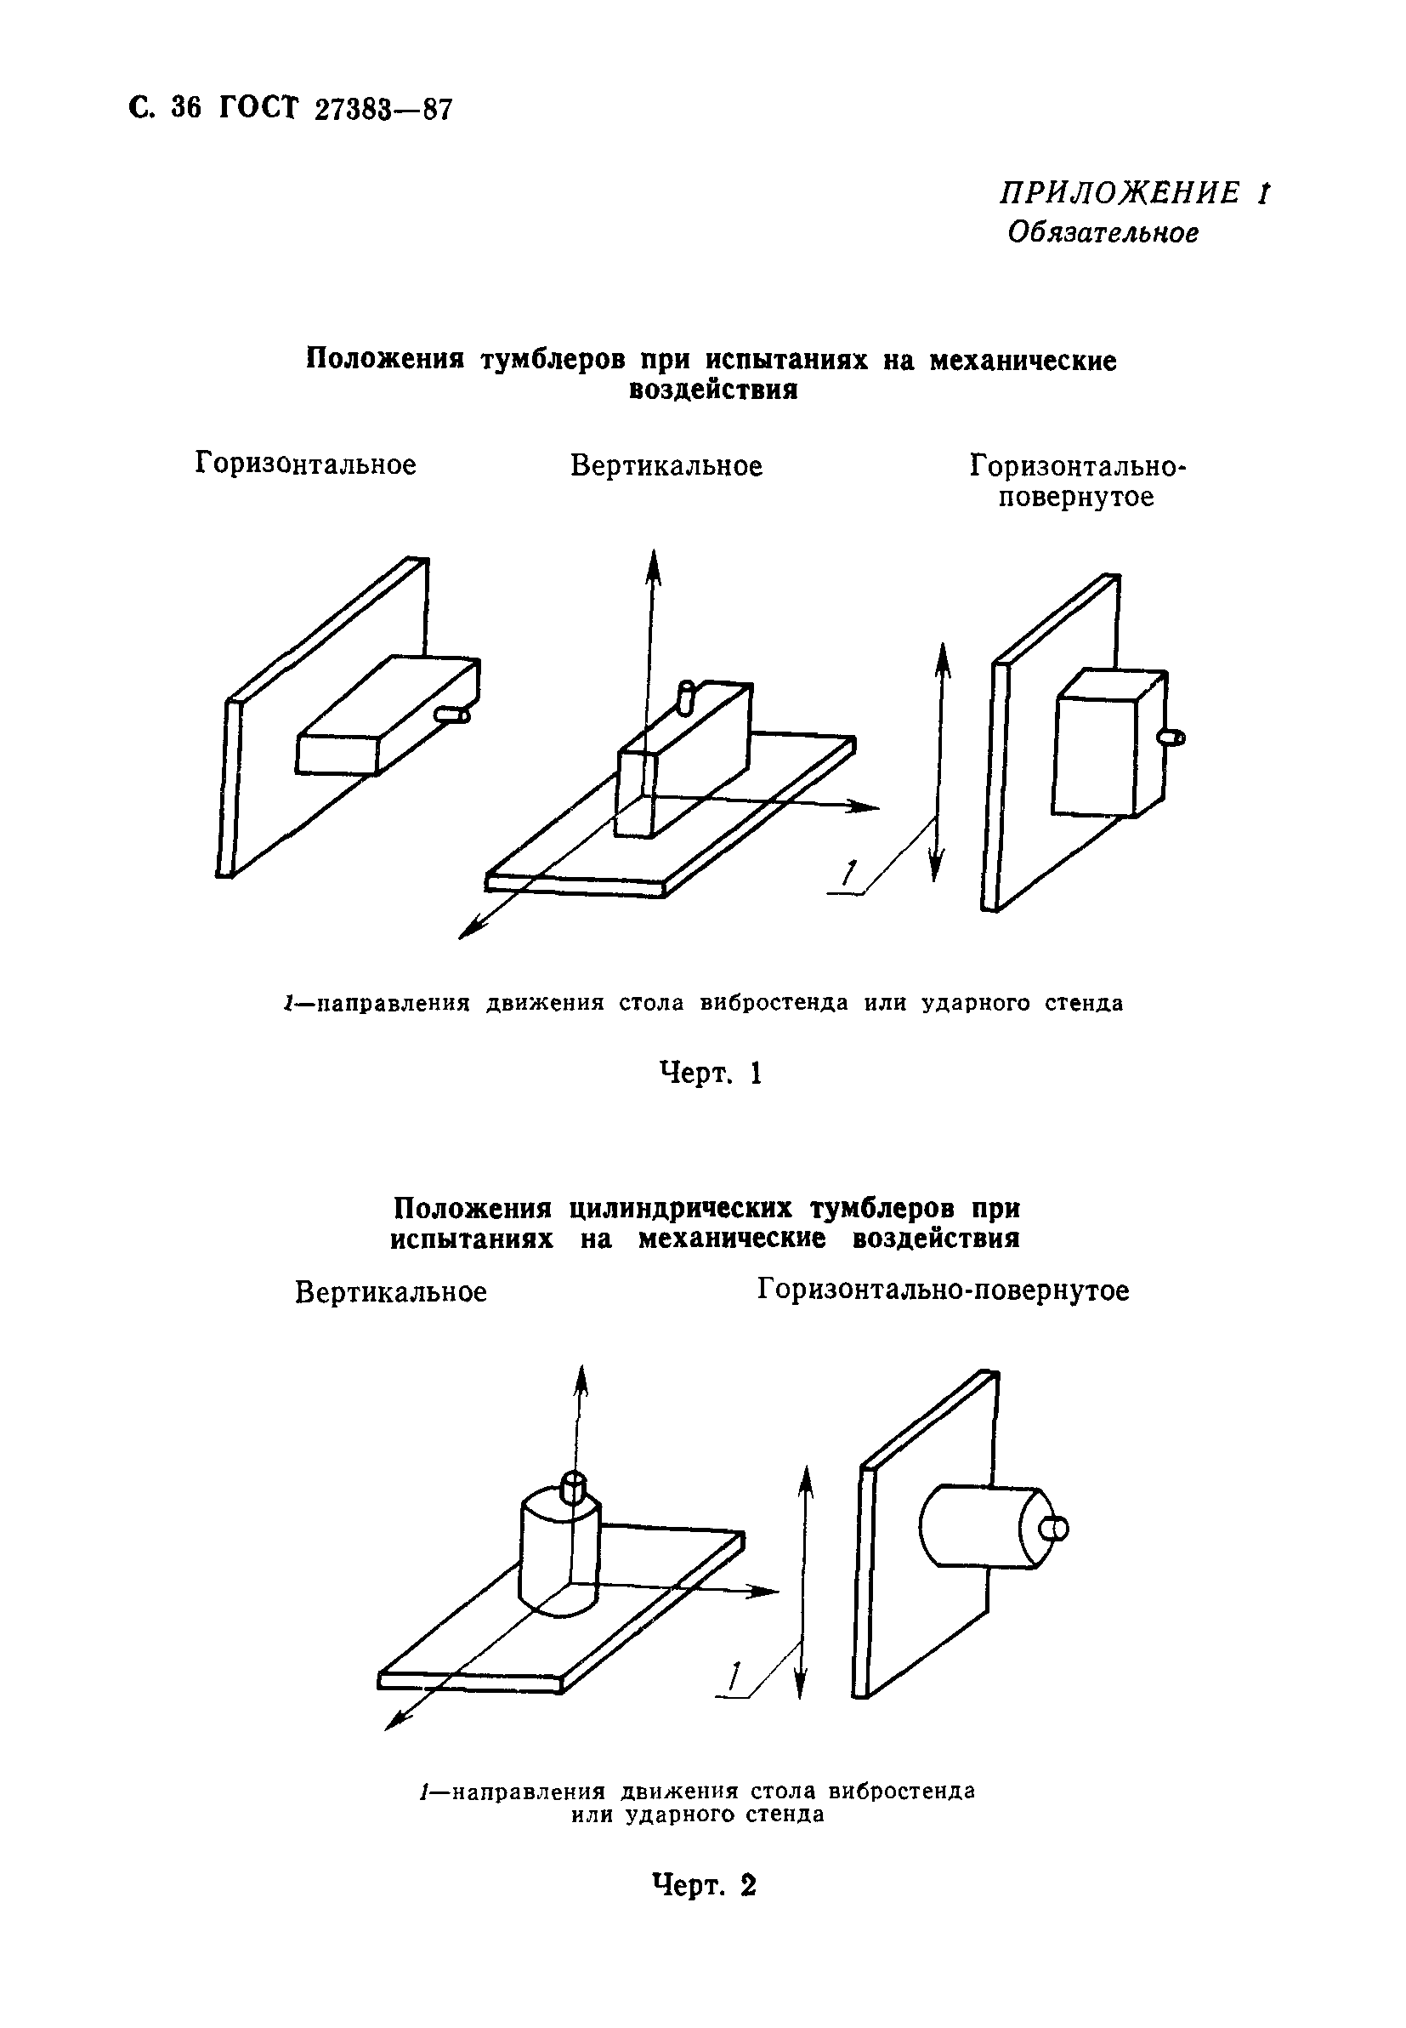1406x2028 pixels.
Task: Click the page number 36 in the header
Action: click(186, 107)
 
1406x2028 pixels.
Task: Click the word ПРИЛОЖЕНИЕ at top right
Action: click(1119, 193)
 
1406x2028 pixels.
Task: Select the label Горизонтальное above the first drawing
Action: click(306, 464)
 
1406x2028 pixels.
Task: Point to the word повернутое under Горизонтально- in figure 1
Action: click(1075, 497)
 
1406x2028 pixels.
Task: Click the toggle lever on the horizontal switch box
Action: click(455, 715)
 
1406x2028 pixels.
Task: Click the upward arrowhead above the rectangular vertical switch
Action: click(653, 565)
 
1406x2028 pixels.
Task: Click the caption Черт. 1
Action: click(710, 1073)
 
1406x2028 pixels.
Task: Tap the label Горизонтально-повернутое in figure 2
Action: click(943, 1290)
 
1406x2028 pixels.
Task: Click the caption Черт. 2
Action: click(704, 1885)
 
